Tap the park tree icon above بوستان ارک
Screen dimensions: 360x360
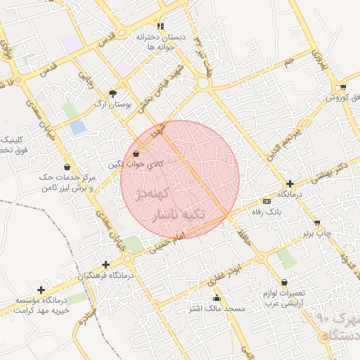click(114, 92)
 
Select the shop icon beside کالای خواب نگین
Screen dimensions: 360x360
click(136, 153)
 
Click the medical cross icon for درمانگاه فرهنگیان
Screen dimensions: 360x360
click(105, 264)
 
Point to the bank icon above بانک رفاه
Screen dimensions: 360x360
click(266, 200)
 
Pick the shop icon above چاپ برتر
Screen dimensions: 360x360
click(317, 222)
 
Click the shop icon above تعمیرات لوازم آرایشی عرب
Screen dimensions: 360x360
click(284, 283)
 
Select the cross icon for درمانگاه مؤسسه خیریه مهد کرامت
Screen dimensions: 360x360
click(41, 290)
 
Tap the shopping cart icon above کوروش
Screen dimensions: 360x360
click(342, 87)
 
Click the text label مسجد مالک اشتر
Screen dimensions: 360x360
click(217, 309)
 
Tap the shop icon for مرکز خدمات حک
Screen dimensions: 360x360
click(67, 167)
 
